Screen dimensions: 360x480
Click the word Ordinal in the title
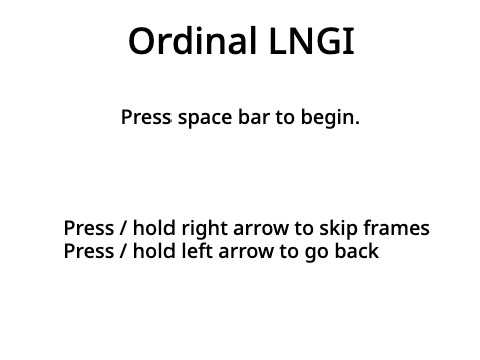tap(183, 42)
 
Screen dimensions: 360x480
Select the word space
tap(204, 118)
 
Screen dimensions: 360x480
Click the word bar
tap(253, 118)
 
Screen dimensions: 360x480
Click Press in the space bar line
tap(146, 118)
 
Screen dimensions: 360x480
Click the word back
tap(356, 251)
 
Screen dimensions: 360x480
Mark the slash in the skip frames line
tap(123, 229)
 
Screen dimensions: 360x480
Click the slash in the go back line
tap(123, 251)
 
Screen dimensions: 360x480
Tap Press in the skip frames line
tap(88, 229)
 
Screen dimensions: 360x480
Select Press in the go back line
tap(88, 251)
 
